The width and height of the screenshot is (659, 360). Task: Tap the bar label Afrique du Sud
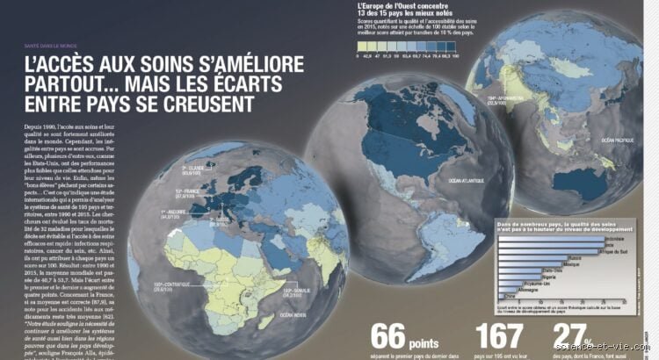pyautogui.click(x=620, y=250)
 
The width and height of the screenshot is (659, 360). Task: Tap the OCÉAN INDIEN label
pyautogui.click(x=293, y=314)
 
